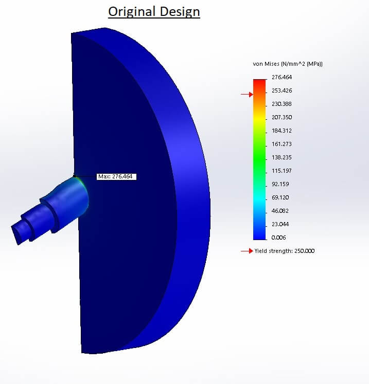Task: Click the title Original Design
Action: click(154, 11)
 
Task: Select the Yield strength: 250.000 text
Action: click(285, 251)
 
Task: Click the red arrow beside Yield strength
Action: click(247, 251)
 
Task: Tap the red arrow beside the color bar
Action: click(247, 95)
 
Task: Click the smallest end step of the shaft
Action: click(20, 231)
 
